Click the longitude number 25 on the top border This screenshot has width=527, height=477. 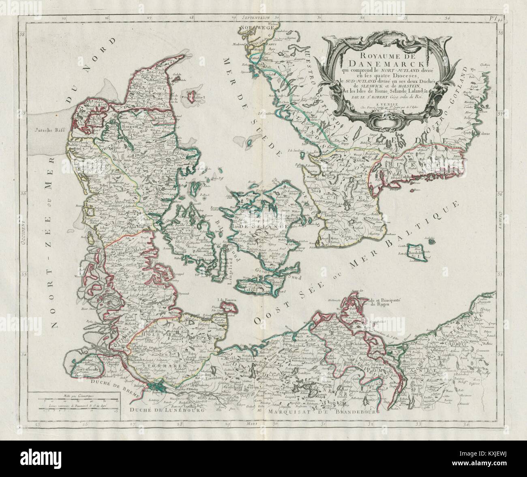pyautogui.click(x=64, y=17)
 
